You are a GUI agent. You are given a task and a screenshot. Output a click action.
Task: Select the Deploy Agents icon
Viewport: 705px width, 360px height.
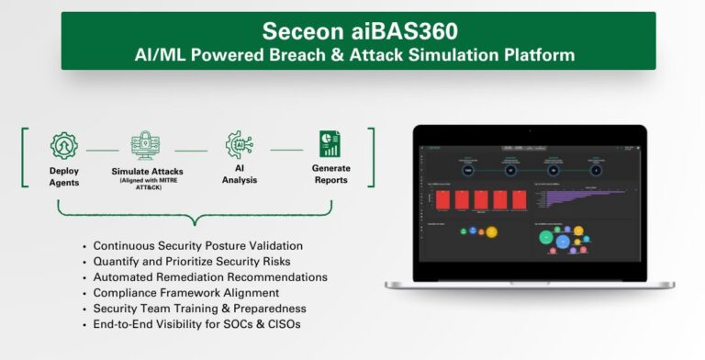click(63, 145)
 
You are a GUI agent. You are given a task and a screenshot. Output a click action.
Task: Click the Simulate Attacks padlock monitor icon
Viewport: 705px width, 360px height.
click(147, 146)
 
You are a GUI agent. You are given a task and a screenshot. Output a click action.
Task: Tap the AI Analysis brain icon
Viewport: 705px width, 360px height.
click(239, 145)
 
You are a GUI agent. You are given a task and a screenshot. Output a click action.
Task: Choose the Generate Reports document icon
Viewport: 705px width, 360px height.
click(330, 144)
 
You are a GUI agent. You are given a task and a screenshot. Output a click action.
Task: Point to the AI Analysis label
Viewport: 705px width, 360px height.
click(239, 174)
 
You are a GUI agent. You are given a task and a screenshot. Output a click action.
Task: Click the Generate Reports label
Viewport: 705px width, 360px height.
click(330, 174)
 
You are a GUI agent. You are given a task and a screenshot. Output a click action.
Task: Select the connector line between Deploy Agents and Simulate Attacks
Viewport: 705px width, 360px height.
click(102, 150)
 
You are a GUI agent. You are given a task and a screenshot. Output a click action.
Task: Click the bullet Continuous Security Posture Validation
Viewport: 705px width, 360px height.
click(197, 246)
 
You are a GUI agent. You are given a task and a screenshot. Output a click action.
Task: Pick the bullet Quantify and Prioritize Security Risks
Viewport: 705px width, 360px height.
click(194, 262)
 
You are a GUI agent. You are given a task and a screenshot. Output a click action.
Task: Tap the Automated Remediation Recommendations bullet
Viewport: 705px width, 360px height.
click(209, 276)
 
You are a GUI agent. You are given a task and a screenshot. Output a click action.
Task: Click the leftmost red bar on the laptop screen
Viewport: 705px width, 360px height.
click(436, 199)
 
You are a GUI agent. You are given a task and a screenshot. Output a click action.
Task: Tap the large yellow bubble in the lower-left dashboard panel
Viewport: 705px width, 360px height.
click(491, 232)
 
